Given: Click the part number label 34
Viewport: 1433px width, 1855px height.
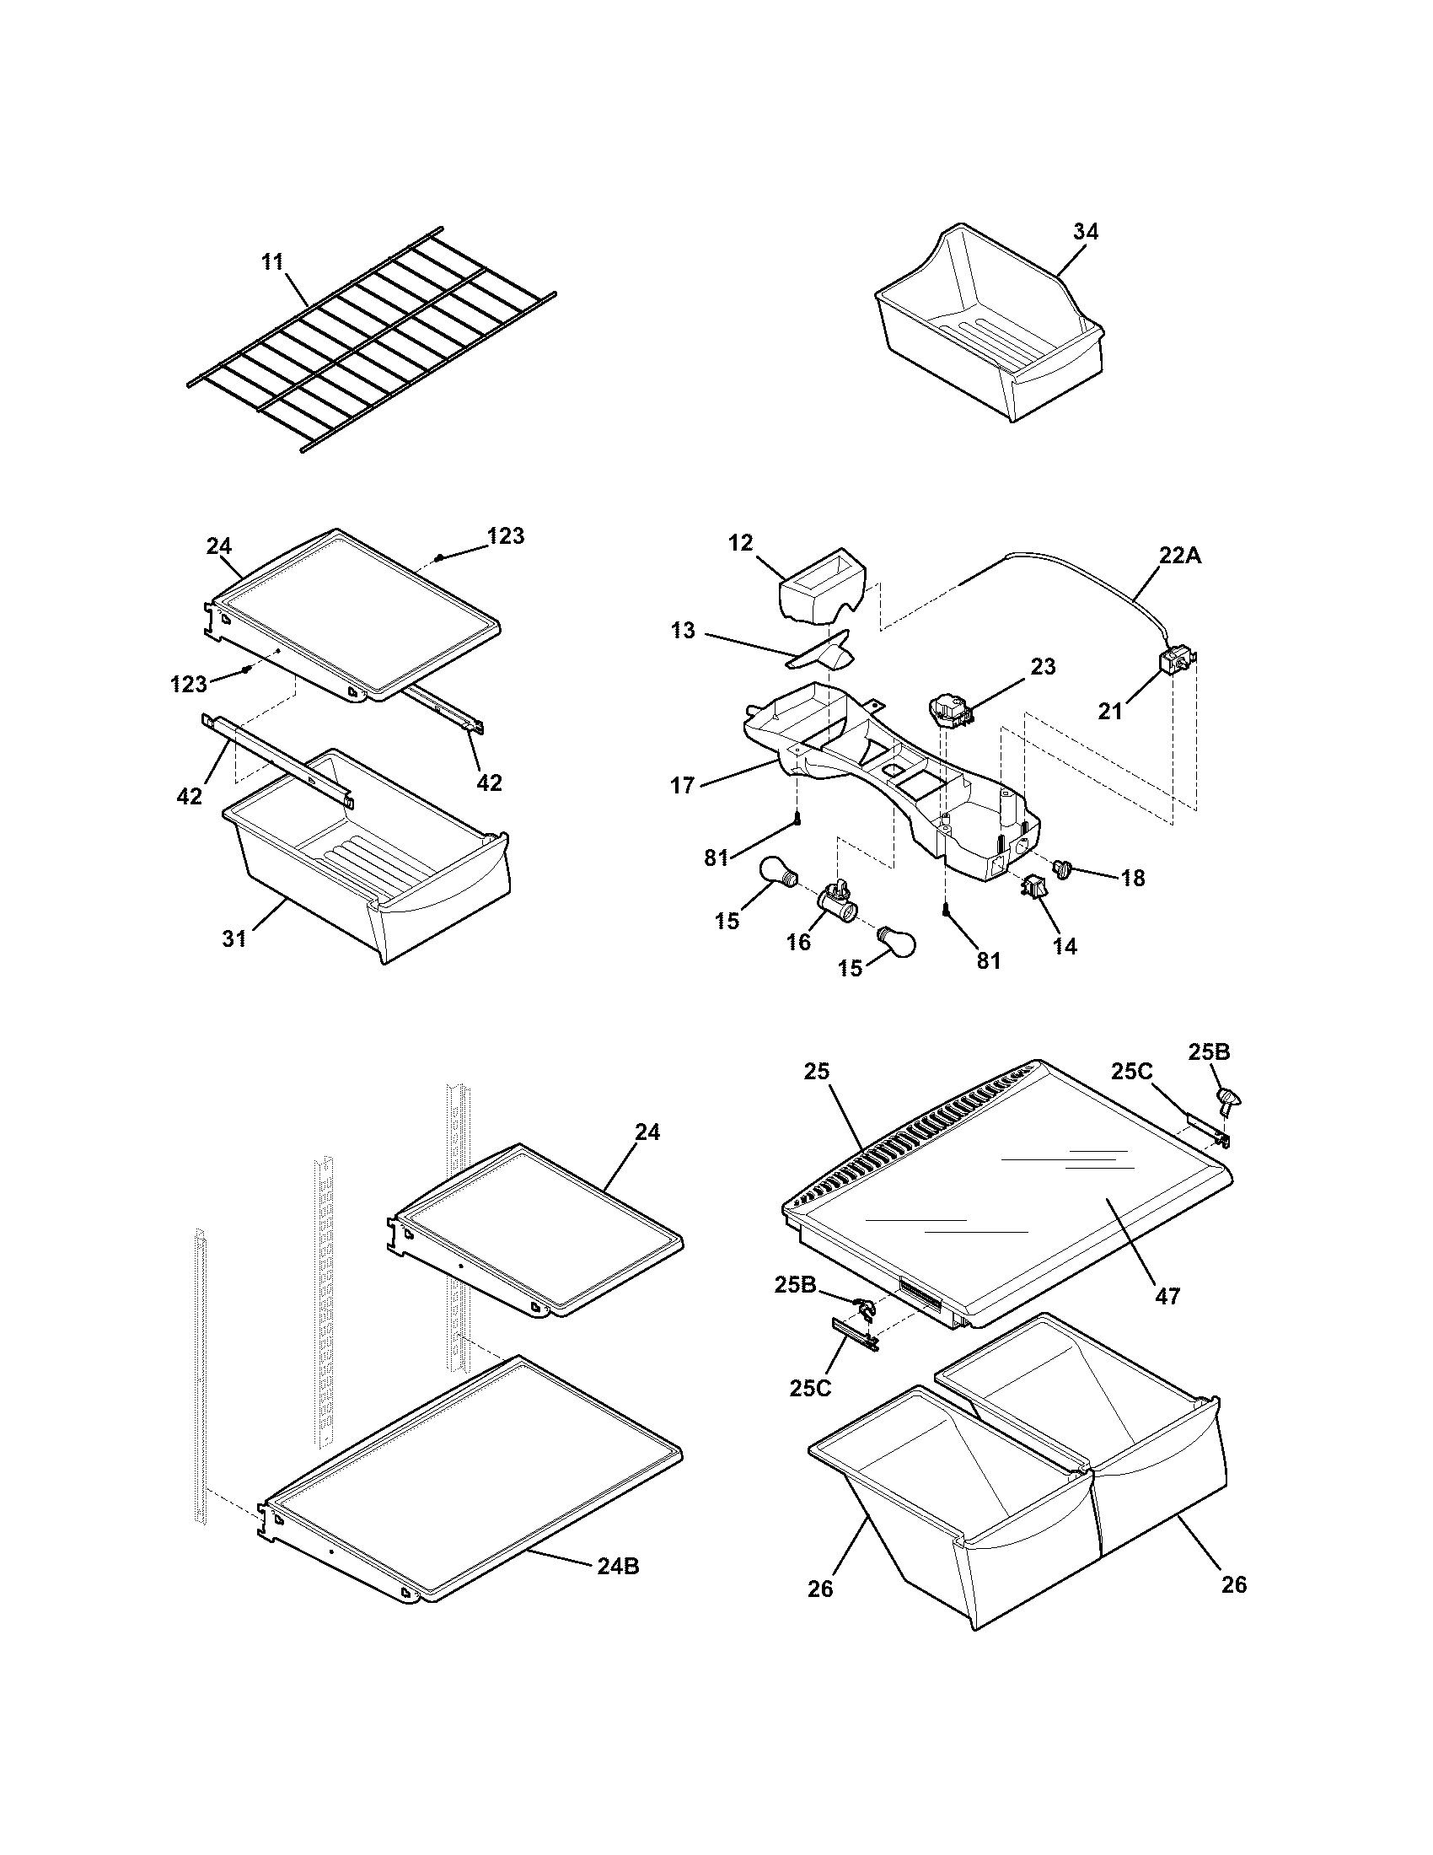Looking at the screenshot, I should (x=1085, y=232).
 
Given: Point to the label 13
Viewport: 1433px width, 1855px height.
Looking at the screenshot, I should (x=683, y=630).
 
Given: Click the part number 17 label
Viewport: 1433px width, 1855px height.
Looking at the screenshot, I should (x=683, y=786).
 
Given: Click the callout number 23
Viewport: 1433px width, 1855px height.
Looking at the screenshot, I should (x=1043, y=667).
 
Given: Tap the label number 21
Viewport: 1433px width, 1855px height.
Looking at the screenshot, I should (x=1110, y=712).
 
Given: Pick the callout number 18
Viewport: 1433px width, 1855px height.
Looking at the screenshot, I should (x=1132, y=879).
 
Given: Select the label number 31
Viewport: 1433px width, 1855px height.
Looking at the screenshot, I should (x=234, y=938).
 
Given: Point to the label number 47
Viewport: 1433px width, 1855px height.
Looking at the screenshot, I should (x=1168, y=1296).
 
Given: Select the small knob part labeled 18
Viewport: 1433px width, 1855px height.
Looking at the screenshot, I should (x=1062, y=868).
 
